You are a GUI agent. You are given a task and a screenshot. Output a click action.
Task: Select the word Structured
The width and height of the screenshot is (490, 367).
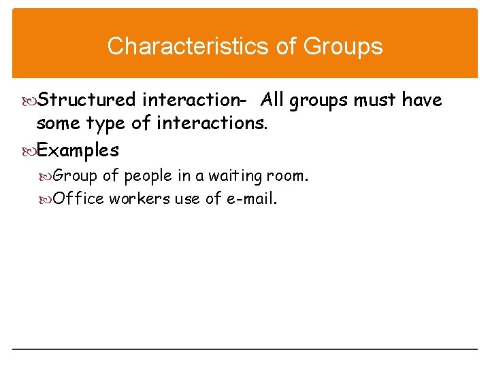[86, 101]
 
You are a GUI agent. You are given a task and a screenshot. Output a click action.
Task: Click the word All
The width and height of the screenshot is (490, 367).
[272, 101]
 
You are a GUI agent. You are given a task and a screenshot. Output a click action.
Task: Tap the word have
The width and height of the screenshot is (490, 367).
[422, 101]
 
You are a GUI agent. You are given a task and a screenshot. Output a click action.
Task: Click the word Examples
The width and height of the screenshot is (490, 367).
[78, 150]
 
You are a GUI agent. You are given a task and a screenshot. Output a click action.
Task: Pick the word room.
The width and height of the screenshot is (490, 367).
[291, 176]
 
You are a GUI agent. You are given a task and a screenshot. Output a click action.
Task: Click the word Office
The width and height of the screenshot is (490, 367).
[78, 198]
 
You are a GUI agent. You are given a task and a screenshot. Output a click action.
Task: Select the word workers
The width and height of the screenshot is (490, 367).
[138, 198]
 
